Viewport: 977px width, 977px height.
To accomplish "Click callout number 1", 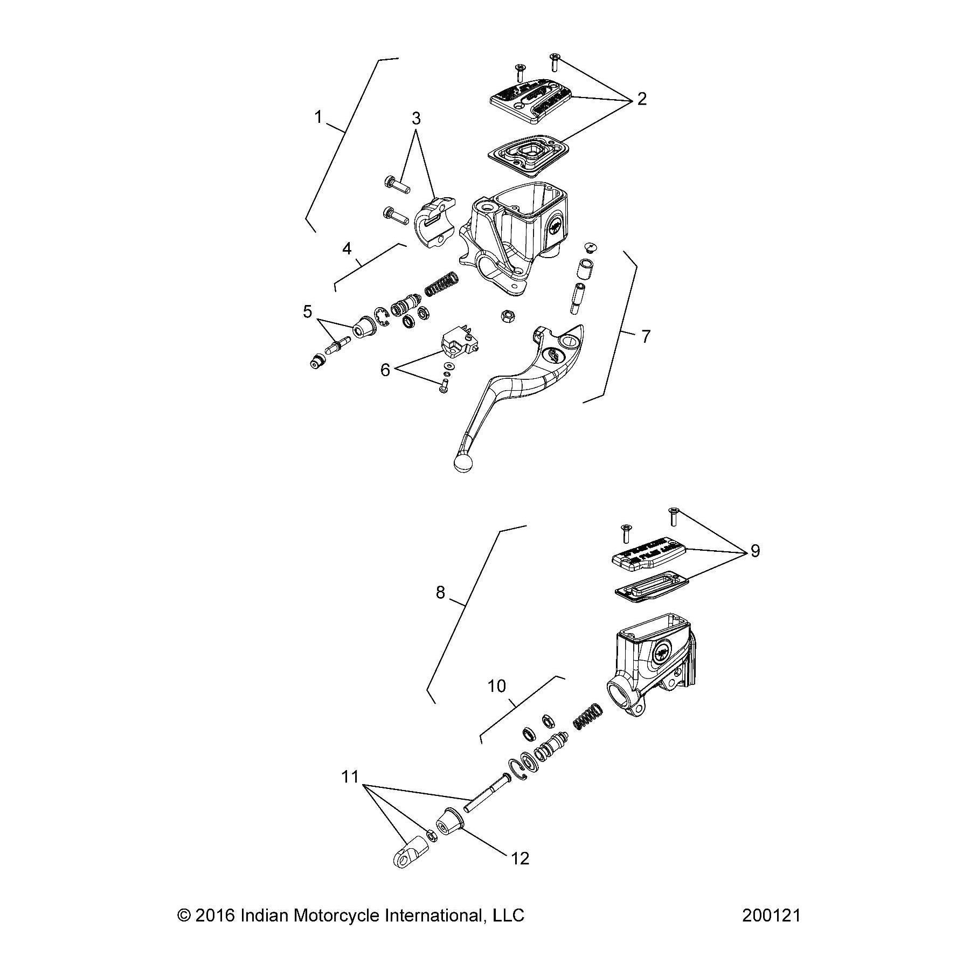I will point(318,117).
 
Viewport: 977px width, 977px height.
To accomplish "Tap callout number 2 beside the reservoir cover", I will point(641,99).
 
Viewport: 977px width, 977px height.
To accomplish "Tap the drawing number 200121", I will point(771,916).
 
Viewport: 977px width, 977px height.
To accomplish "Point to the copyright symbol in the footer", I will point(184,916).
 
